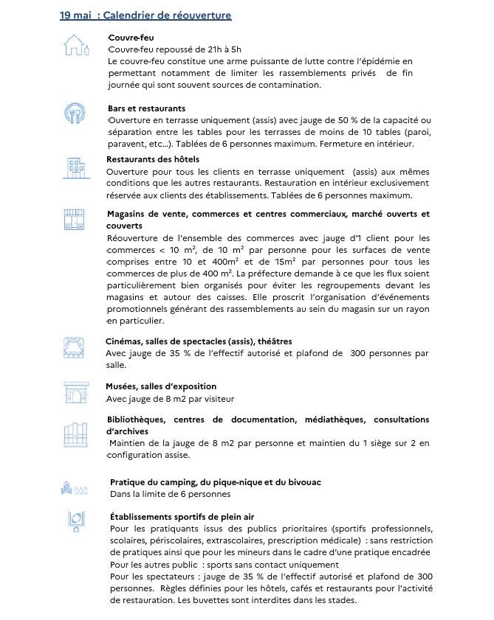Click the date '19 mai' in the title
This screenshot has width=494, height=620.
75,15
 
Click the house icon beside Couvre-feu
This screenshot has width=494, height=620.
76,46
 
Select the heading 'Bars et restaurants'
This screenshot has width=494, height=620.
146,108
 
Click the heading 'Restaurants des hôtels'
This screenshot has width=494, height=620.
153,159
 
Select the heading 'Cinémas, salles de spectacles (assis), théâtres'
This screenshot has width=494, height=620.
199,341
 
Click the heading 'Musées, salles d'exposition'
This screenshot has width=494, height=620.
161,386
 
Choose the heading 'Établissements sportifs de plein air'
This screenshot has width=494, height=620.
182,517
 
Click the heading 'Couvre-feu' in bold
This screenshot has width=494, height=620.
131,37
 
